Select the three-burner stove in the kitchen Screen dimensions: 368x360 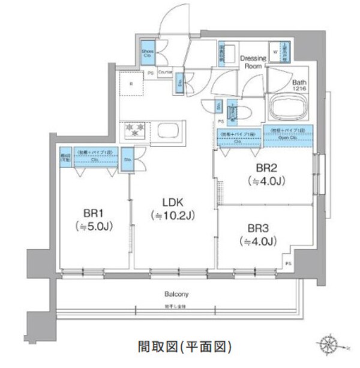point(136,129)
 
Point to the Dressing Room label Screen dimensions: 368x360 point(253,62)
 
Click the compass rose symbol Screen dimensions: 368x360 point(331,346)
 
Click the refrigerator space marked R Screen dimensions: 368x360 point(131,85)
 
